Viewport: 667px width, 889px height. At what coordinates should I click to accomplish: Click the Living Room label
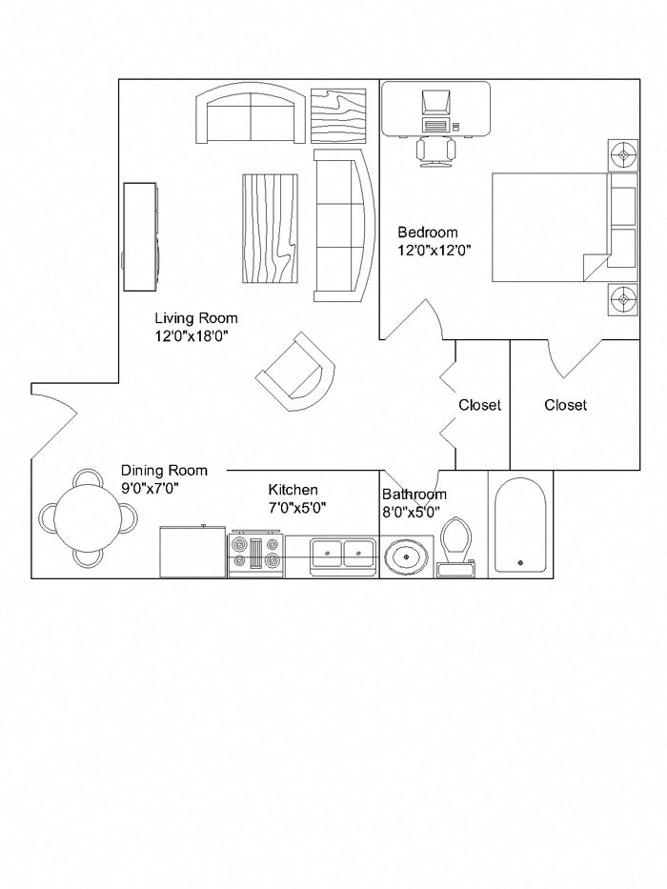pos(196,318)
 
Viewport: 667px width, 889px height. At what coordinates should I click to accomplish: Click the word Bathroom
pos(414,495)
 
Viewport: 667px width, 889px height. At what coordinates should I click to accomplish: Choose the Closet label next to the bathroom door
pos(479,405)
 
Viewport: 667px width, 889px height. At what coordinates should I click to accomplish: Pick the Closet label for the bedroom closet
pos(565,405)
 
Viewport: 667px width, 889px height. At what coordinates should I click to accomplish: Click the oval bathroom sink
pos(408,555)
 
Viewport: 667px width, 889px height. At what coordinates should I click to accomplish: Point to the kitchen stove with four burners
pos(255,555)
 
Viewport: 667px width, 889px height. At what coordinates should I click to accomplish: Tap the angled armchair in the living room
pos(296,373)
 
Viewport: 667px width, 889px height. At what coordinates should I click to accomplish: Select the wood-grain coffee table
pos(272,229)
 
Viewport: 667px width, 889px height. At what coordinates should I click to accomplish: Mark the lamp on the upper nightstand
pos(622,153)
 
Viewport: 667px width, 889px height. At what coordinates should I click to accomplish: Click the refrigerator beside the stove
pos(192,552)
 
